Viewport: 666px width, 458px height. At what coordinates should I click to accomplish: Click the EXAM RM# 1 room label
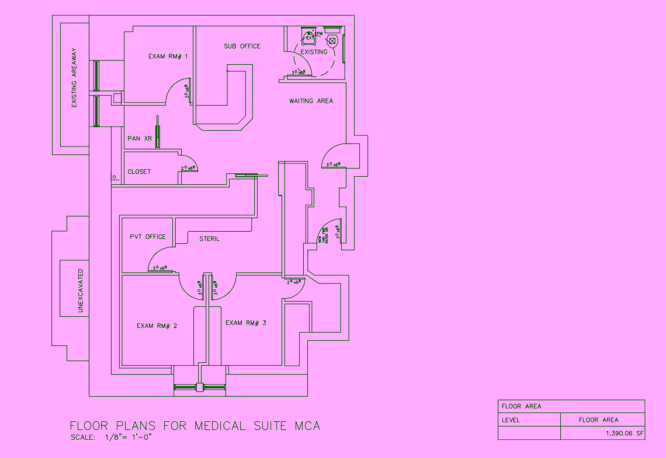click(x=168, y=57)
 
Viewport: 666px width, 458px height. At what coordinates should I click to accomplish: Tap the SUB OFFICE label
click(x=242, y=46)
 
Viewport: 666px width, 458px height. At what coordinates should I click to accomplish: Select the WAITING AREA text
click(x=311, y=101)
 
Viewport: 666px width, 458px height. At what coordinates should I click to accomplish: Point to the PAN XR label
click(x=140, y=139)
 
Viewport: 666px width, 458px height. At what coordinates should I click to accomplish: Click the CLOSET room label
click(x=139, y=172)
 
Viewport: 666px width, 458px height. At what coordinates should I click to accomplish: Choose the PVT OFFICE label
click(x=147, y=237)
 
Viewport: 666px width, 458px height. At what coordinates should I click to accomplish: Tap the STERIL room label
click(x=209, y=239)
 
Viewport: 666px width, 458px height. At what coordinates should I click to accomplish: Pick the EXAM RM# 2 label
click(x=157, y=326)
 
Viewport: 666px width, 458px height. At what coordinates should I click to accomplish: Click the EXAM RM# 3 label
click(x=246, y=323)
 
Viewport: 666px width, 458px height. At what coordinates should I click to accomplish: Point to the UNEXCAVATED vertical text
click(x=80, y=291)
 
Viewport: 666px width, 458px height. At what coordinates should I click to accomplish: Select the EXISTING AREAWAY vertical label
click(x=74, y=85)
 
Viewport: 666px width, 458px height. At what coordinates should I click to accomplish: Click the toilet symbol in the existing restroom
click(x=332, y=41)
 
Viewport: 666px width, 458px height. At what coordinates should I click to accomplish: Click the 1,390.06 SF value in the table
click(x=623, y=433)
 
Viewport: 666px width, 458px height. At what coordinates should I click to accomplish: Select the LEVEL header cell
click(x=511, y=419)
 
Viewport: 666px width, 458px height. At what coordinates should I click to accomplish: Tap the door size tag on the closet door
click(x=188, y=168)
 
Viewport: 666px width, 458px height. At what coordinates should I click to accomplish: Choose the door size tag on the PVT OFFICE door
click(x=160, y=268)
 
